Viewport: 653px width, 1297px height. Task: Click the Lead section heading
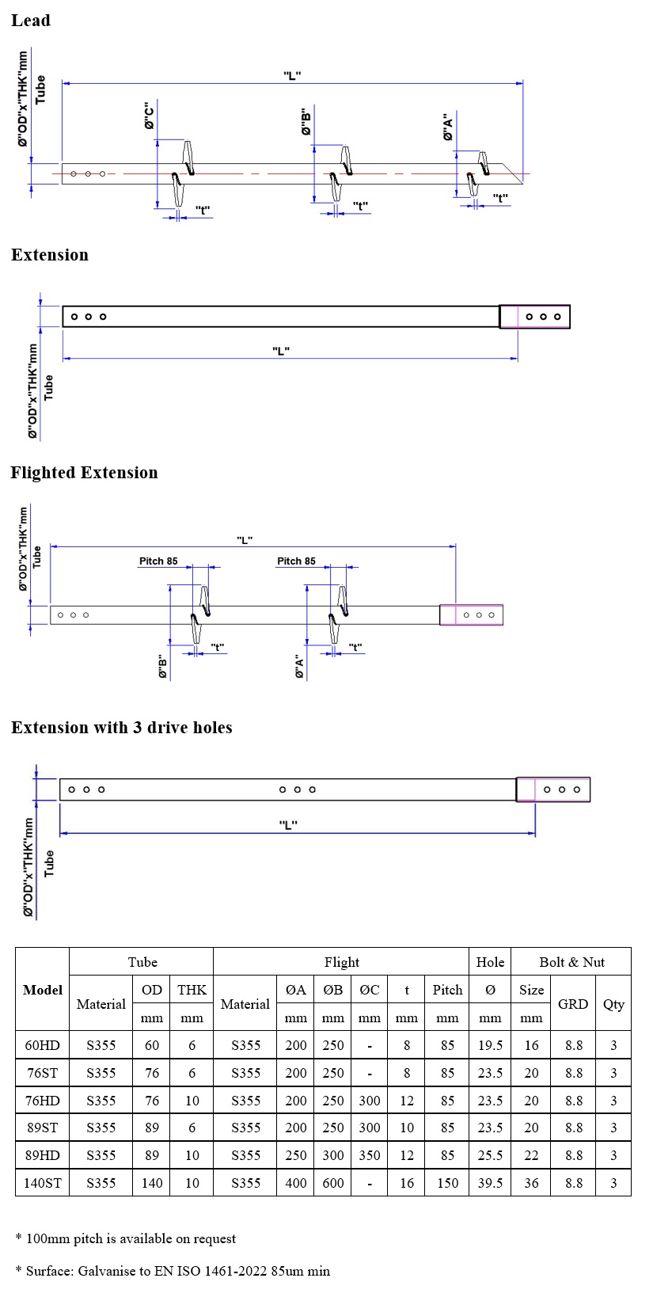coord(31,21)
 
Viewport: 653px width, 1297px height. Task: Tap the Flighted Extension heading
coord(84,473)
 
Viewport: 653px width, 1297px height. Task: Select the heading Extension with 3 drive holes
coord(122,728)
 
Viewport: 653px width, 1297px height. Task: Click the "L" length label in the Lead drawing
coord(292,75)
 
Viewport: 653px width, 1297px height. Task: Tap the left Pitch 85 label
coord(158,561)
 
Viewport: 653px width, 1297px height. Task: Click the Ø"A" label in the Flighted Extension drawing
coord(299,667)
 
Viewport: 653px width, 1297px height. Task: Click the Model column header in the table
coord(43,990)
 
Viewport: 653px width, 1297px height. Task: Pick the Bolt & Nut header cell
coord(571,962)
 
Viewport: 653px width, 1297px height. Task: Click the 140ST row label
coord(43,1183)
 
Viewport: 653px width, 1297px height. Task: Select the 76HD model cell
coord(43,1101)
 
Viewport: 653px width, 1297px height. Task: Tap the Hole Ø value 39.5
coord(490,1183)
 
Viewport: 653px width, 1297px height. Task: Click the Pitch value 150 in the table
coord(447,1183)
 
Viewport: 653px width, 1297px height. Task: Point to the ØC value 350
coord(370,1155)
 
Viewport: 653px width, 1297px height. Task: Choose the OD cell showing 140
coord(152,1183)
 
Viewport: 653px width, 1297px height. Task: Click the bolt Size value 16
coord(531,1045)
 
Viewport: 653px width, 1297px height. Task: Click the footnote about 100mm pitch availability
coord(126,1238)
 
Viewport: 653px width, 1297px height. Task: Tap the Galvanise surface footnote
coord(173,1271)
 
